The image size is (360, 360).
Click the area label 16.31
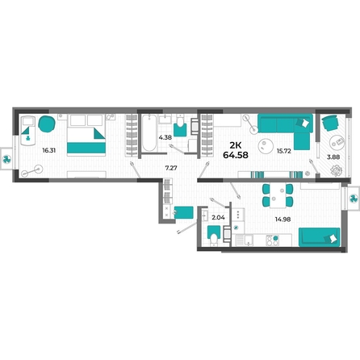[49, 150]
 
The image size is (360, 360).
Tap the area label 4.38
[165, 137]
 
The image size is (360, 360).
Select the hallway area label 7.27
[171, 168]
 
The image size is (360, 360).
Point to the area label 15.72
[284, 151]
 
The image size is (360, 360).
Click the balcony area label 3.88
[333, 157]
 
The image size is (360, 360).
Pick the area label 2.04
[218, 218]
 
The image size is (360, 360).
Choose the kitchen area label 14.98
[283, 220]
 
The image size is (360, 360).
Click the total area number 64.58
[236, 155]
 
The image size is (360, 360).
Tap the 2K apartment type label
[236, 145]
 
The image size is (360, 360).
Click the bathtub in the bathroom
[149, 132]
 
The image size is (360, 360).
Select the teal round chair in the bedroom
[47, 123]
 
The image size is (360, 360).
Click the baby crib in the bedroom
[28, 131]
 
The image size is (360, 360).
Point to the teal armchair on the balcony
[330, 123]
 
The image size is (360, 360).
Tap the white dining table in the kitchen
[278, 195]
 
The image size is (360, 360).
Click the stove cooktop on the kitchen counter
[272, 241]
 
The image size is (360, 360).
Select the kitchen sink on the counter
[248, 241]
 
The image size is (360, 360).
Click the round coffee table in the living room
[266, 146]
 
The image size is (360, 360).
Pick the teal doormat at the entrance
[184, 212]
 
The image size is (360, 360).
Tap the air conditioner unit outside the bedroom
[6, 159]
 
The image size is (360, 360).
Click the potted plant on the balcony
[336, 170]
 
